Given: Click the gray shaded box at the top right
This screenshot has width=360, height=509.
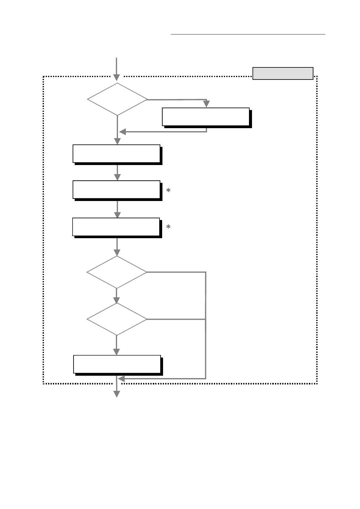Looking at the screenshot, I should (283, 73).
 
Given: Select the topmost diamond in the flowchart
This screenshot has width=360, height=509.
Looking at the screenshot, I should (117, 99).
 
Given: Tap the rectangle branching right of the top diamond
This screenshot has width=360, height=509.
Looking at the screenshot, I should (206, 117).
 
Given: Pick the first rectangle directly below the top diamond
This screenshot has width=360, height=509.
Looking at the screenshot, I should (116, 154).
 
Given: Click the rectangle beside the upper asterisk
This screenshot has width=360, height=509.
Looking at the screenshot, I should (116, 190).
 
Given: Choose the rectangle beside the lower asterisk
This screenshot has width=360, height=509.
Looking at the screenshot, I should (116, 227).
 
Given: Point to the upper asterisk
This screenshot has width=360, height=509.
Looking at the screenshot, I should (169, 190).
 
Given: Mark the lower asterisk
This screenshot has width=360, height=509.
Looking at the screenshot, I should (169, 227).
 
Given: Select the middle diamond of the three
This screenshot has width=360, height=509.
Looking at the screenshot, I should (117, 272).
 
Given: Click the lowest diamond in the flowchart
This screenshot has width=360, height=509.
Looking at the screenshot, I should (117, 319).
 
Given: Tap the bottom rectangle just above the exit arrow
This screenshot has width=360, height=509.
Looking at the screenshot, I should (117, 364).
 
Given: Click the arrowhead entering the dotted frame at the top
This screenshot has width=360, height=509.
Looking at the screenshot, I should (116, 78).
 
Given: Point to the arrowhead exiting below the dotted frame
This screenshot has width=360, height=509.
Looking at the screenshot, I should (116, 394).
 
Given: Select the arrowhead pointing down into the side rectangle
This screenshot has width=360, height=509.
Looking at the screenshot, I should (206, 104).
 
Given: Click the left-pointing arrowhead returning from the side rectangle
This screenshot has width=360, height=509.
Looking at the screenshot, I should (123, 132).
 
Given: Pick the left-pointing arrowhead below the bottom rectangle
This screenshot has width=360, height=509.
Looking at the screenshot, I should (121, 378).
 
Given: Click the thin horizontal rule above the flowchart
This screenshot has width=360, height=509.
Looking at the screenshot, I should (248, 34).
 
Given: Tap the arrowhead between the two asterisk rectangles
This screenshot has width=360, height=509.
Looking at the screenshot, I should (117, 215).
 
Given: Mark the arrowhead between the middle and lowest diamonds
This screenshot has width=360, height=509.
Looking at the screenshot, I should (116, 300).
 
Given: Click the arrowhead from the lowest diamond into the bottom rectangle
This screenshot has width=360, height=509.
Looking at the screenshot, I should (116, 352).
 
